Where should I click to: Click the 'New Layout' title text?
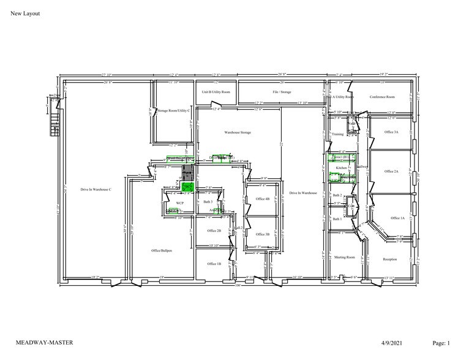25,13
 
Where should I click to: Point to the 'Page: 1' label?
440,343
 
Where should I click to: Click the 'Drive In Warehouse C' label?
96,190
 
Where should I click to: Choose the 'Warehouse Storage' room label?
238,132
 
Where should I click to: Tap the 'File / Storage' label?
282,92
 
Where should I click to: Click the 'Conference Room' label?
382,97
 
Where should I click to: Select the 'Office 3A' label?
391,132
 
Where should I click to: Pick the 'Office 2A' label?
391,171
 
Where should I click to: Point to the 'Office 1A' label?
397,218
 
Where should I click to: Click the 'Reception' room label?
389,259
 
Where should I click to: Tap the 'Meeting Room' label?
344,257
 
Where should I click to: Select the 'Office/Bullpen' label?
162,250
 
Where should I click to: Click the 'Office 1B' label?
214,264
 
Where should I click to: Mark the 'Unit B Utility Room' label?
216,92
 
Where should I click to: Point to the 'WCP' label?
180,202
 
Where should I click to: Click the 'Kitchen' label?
342,167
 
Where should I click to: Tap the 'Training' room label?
337,133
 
